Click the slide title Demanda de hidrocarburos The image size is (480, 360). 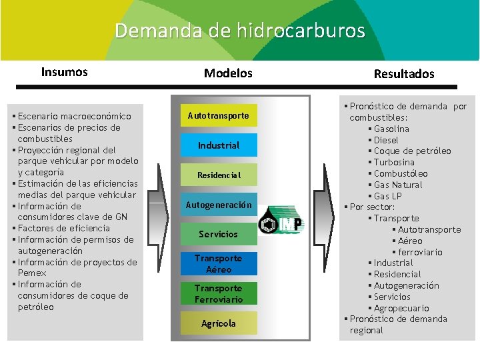point(240,31)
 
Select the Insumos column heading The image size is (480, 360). point(64,72)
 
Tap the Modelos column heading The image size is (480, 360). point(228,73)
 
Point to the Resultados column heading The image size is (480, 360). point(403,74)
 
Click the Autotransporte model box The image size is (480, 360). point(218,116)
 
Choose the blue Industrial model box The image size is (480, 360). point(218,145)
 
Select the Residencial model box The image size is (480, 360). point(218,175)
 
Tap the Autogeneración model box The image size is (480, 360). point(218,205)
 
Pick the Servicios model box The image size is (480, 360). point(218,234)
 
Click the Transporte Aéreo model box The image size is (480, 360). point(218,264)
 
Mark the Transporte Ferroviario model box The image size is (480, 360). point(218,294)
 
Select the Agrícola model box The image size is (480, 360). point(218,323)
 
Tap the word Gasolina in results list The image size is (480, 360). point(391,129)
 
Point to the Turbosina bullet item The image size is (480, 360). point(394,162)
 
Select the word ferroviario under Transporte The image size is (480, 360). point(421,252)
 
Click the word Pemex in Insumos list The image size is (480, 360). point(32,273)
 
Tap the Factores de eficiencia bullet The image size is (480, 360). point(63,228)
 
